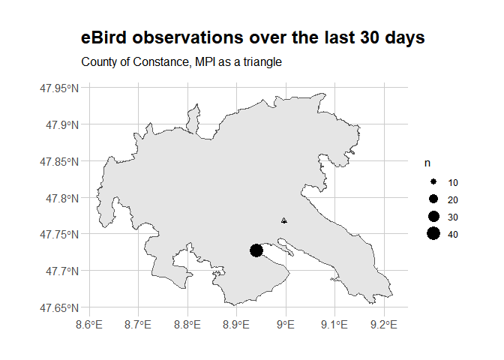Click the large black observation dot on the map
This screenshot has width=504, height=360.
click(256, 250)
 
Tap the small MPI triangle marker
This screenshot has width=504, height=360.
click(283, 220)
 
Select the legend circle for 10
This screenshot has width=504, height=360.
click(433, 183)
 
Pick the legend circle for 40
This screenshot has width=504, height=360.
click(433, 235)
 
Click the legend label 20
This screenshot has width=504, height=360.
click(453, 200)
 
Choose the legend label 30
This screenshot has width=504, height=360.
click(453, 217)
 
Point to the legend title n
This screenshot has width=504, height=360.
click(428, 163)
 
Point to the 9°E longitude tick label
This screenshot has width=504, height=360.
click(286, 325)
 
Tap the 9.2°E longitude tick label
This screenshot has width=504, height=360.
click(384, 325)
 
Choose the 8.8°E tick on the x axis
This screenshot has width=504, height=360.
click(187, 325)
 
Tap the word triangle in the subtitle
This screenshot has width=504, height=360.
click(260, 61)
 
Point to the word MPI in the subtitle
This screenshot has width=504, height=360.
click(205, 61)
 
